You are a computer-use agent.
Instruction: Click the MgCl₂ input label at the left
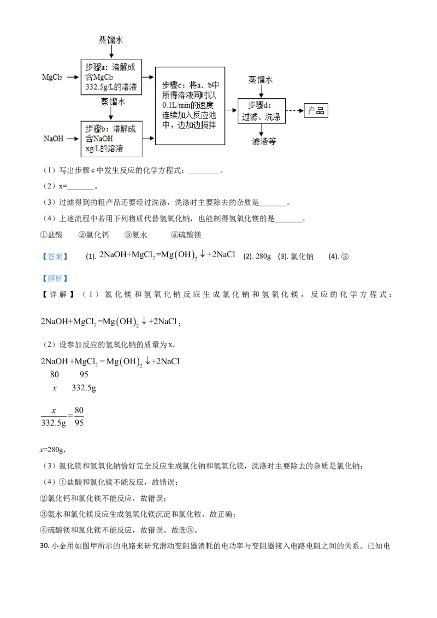(52, 77)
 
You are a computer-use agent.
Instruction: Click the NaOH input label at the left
(54, 139)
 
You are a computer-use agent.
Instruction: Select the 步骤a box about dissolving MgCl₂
(111, 76)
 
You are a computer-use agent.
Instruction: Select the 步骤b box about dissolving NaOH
(111, 139)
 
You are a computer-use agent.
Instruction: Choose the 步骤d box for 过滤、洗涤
(262, 111)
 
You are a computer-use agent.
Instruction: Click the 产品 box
(316, 111)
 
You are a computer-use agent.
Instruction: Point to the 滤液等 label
(264, 141)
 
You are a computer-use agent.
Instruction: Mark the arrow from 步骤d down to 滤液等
(261, 130)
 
